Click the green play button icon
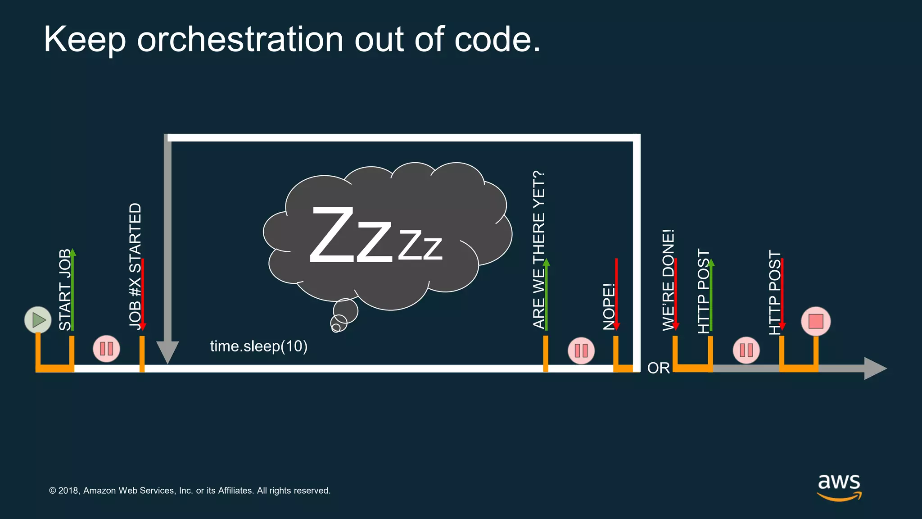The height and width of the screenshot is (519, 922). click(x=38, y=320)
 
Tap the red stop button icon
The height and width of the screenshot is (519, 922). click(x=816, y=321)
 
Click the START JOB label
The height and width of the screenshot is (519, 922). click(x=65, y=290)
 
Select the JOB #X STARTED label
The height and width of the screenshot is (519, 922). click(x=135, y=266)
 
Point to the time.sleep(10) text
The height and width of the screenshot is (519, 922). click(x=259, y=346)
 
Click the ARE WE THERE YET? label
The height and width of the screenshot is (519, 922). click(x=539, y=250)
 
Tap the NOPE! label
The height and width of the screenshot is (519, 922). click(x=609, y=307)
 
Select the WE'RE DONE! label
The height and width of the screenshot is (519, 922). click(x=669, y=280)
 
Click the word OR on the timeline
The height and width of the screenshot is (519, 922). click(x=658, y=368)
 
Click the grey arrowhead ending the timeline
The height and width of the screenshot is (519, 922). click(x=875, y=368)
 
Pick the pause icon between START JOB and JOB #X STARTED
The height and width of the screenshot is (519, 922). click(x=106, y=348)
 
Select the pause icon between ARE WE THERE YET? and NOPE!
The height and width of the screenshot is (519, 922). click(x=581, y=351)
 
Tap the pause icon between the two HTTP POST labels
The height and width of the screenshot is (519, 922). click(x=746, y=350)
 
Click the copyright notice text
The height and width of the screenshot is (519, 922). click(x=190, y=491)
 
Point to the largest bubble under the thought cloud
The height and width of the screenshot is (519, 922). click(x=346, y=310)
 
